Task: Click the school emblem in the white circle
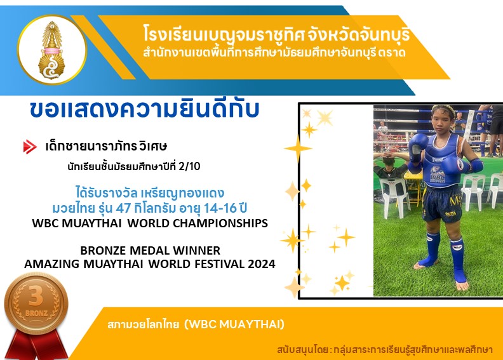point(51,50)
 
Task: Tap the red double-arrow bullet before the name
point(30,147)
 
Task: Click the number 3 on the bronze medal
point(36,297)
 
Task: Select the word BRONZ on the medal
point(36,313)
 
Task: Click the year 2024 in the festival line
point(262,264)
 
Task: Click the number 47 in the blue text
point(123,208)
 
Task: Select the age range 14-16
point(220,208)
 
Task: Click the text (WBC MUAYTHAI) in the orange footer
point(234,324)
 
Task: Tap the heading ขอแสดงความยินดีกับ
point(144,109)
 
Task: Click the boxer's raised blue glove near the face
point(419,145)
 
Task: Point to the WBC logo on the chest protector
point(438,174)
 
